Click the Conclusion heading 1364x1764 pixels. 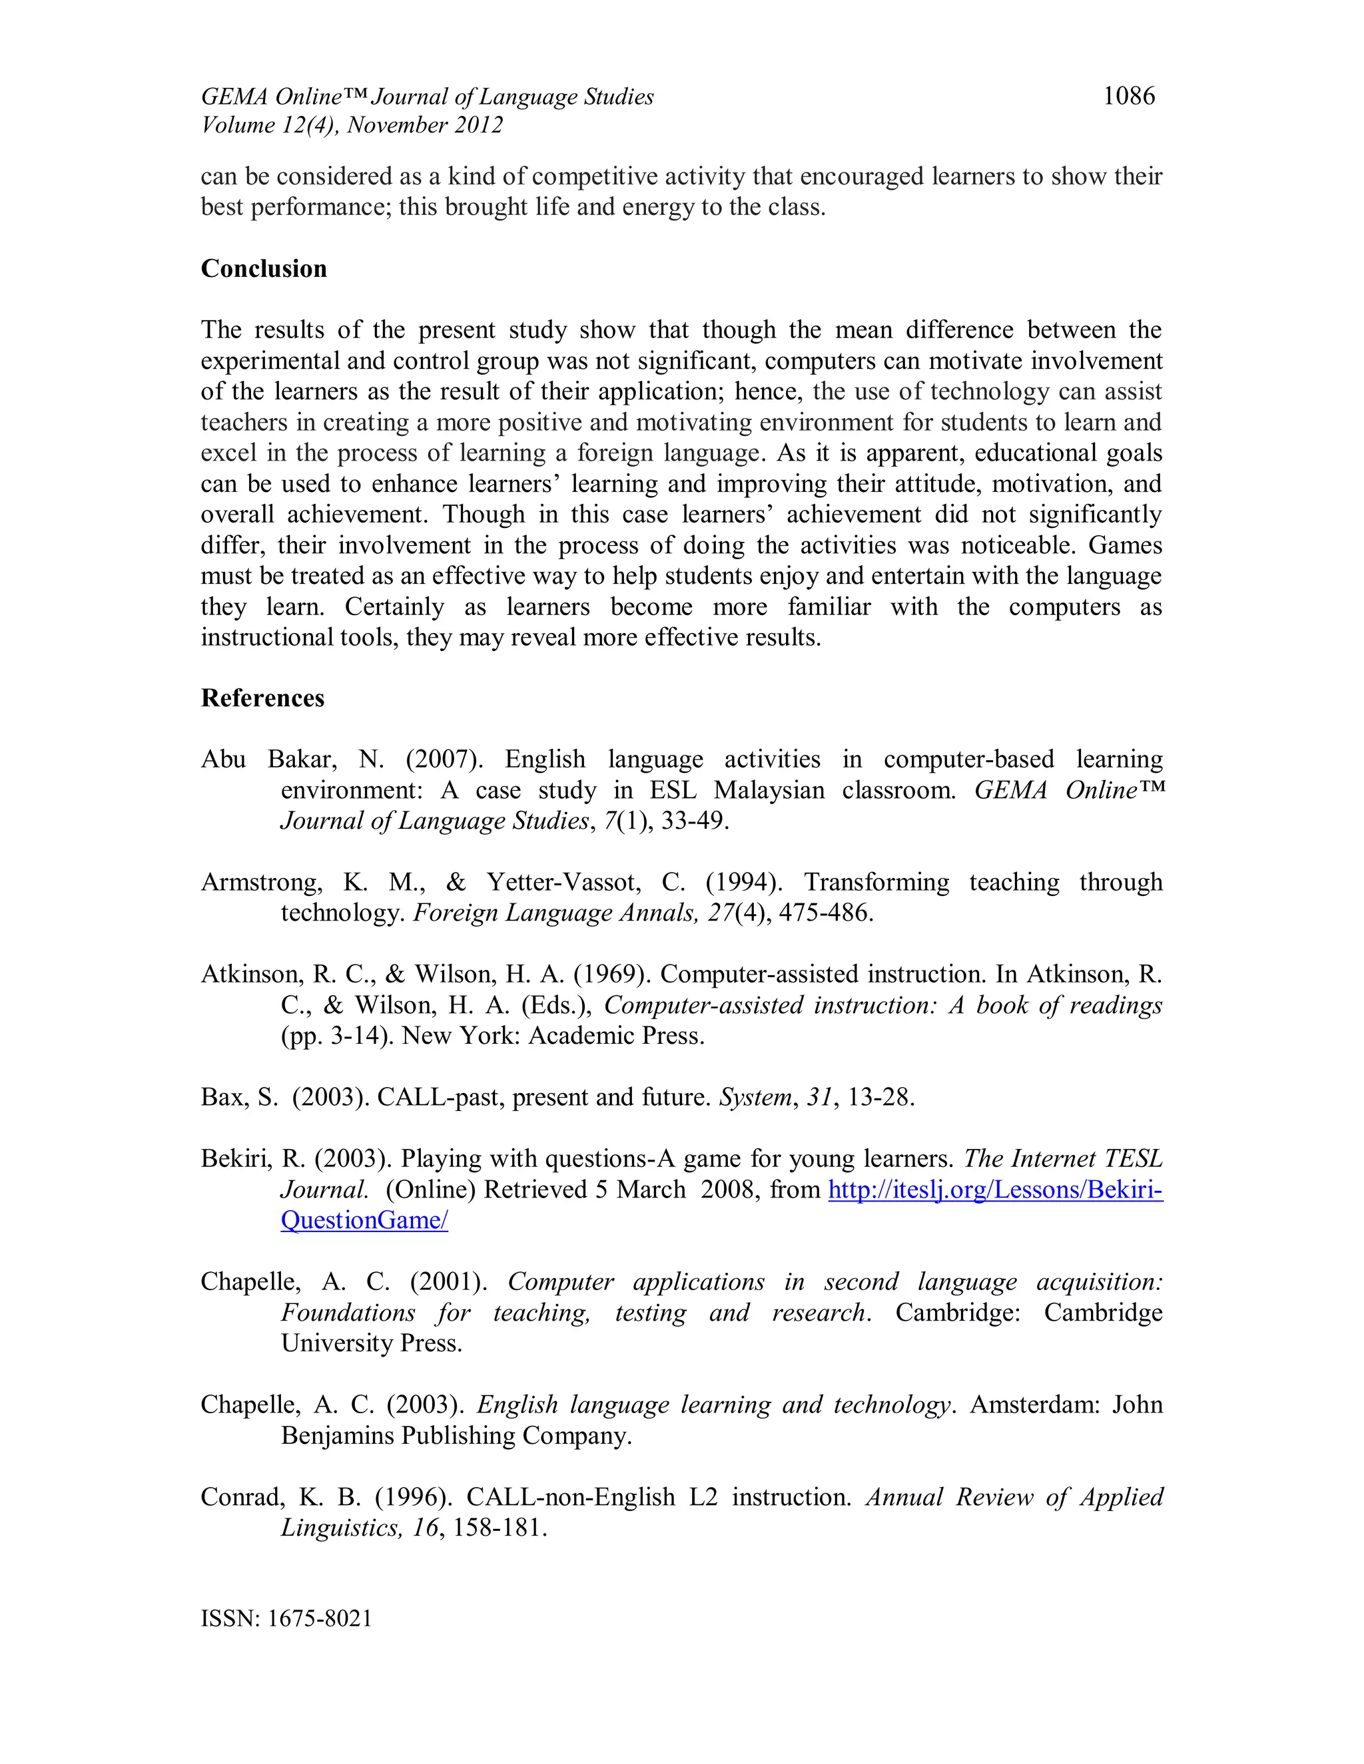pos(264,268)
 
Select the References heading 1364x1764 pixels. pos(262,698)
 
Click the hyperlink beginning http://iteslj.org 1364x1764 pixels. pos(996,1190)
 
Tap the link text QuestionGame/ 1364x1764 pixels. pos(364,1220)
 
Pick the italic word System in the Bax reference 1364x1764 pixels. pos(755,1098)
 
